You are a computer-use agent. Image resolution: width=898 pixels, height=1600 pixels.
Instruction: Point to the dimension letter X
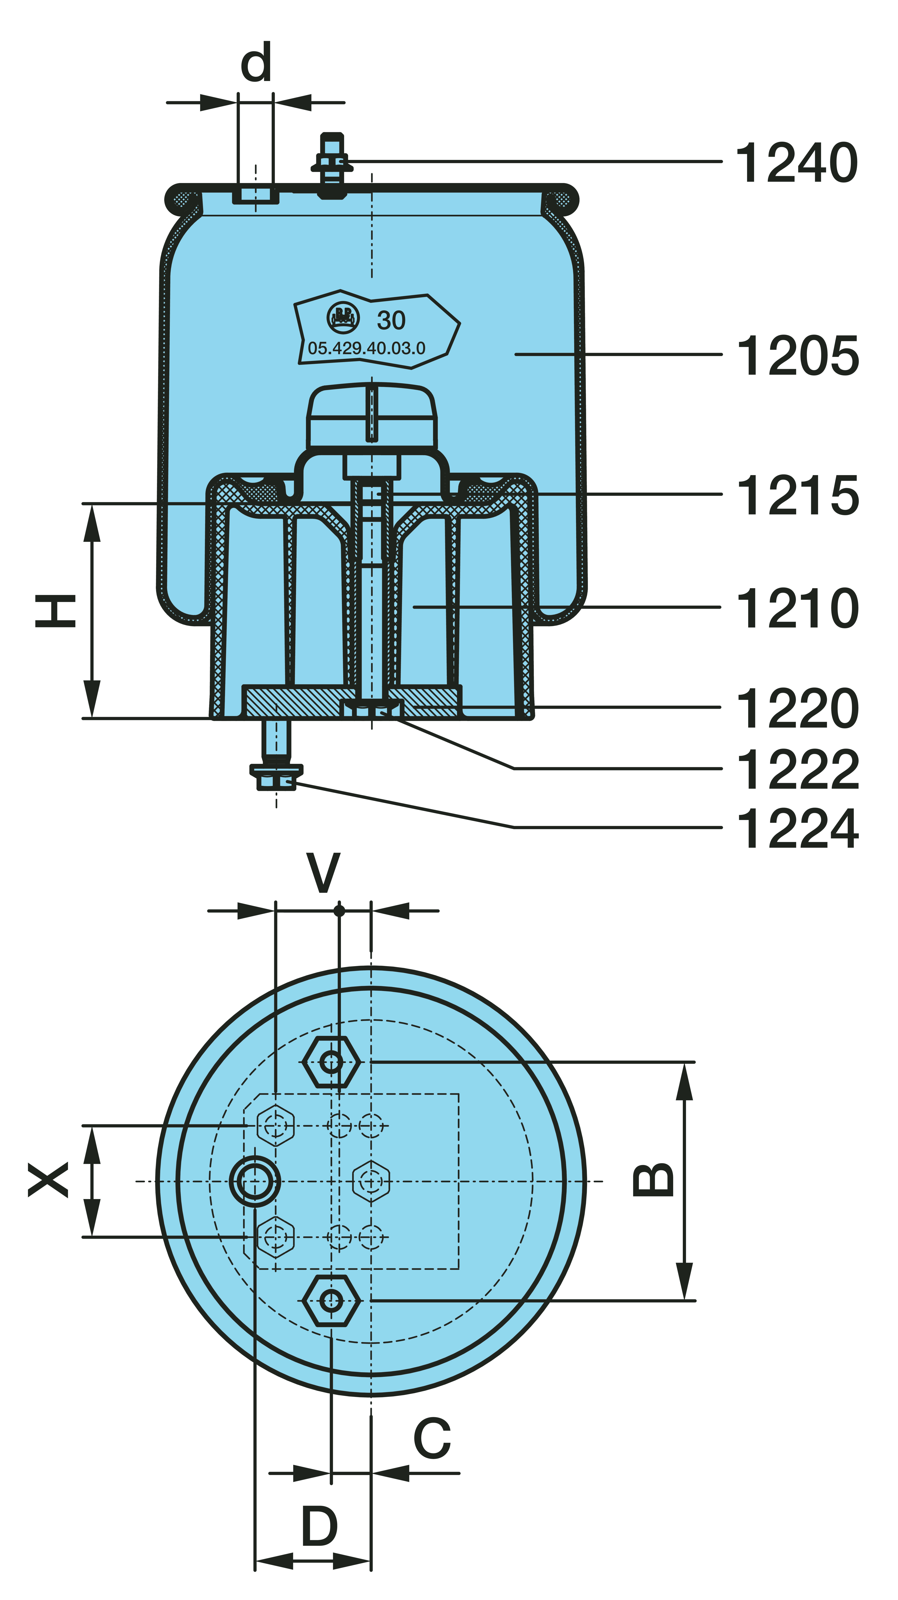point(48,1180)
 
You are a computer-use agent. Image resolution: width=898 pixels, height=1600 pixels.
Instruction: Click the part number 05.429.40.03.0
point(366,348)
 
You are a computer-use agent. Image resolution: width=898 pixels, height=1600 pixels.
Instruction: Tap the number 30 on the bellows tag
point(391,320)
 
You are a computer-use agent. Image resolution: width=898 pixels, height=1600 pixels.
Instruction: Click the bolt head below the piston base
point(276,777)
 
